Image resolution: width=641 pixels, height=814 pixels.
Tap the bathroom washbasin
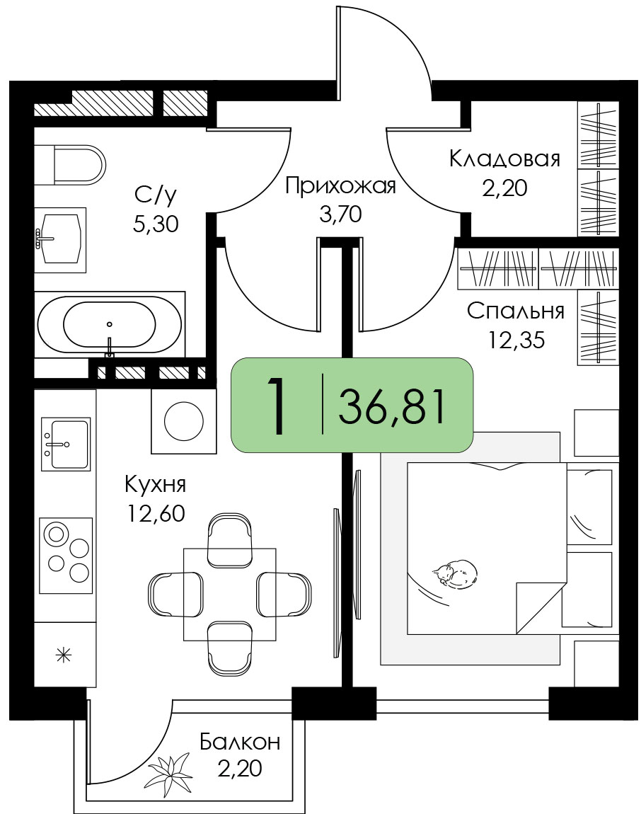(59, 239)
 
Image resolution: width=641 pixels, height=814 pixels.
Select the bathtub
(110, 324)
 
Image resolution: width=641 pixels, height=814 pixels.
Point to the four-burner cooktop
(66, 555)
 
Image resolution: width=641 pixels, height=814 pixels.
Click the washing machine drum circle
(184, 421)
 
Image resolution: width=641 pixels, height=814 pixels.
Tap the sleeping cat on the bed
(456, 573)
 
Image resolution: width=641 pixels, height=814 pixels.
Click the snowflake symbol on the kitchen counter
(64, 655)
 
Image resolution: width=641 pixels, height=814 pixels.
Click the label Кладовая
(504, 159)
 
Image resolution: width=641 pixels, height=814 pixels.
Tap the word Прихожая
(340, 186)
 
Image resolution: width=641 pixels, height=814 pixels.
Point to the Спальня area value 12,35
(516, 340)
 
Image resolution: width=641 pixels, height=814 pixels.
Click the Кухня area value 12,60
(156, 513)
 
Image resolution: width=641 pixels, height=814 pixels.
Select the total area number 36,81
(392, 407)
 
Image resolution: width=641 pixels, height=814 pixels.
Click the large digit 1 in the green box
(277, 406)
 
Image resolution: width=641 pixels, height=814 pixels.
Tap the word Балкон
(240, 742)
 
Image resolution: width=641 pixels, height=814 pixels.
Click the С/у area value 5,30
(156, 224)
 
